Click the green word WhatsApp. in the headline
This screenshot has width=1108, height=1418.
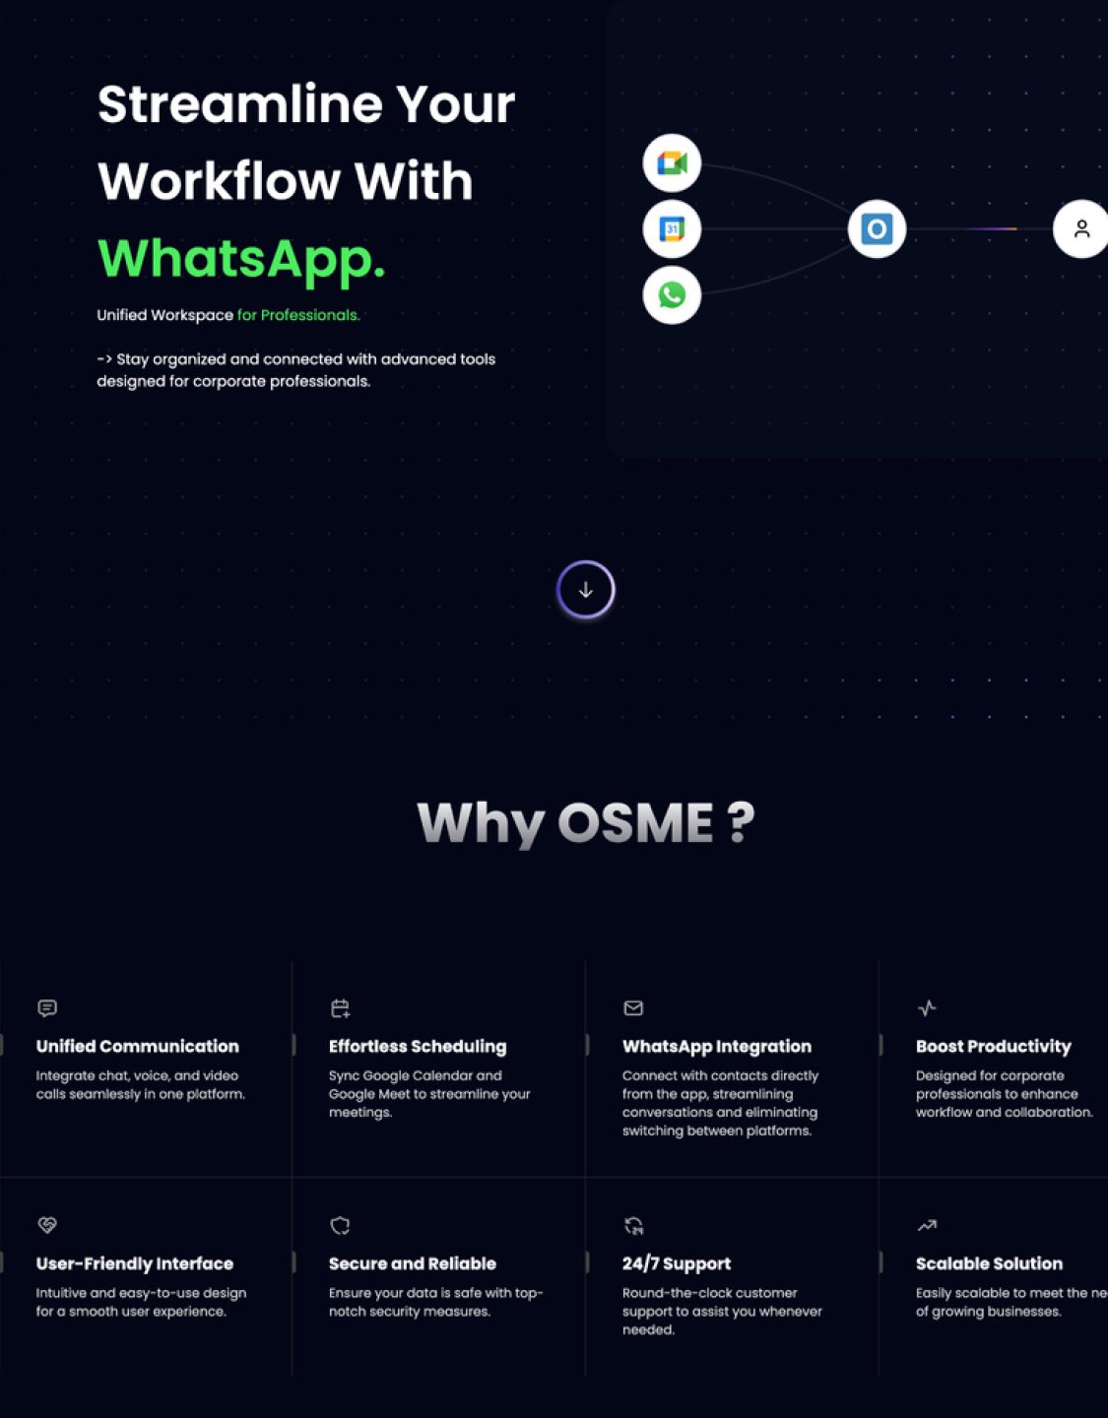click(x=241, y=258)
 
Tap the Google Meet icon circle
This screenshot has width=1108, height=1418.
click(x=672, y=162)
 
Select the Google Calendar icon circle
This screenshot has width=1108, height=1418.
click(x=672, y=228)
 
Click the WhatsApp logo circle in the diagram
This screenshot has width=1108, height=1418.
click(x=672, y=294)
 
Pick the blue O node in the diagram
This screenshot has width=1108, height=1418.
click(x=877, y=228)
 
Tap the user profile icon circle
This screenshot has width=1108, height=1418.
click(x=1080, y=228)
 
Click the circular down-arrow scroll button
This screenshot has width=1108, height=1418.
click(x=585, y=590)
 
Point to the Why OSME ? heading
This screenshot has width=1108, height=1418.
click(x=586, y=822)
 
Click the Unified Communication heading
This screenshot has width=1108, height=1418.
click(x=138, y=1046)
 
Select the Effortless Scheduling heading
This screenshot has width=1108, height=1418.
click(x=418, y=1046)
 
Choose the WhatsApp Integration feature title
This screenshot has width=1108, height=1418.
click(x=717, y=1046)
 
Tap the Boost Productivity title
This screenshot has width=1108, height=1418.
click(x=993, y=1046)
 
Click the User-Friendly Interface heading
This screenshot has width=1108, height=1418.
click(x=135, y=1263)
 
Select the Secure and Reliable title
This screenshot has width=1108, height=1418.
click(x=413, y=1263)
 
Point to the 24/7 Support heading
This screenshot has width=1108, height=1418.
click(x=677, y=1263)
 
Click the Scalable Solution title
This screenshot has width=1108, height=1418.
click(x=989, y=1263)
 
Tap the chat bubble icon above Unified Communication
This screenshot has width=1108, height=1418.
click(x=47, y=1007)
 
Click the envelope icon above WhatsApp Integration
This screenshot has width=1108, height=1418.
click(x=633, y=1007)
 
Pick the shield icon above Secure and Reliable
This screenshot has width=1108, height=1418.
click(x=340, y=1225)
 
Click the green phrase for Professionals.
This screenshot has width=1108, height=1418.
click(x=298, y=315)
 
